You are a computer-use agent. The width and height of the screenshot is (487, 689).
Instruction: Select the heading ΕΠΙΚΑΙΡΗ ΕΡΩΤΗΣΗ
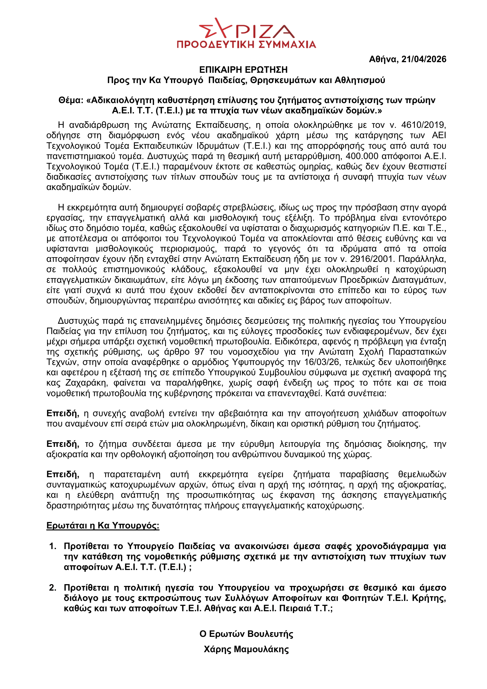tap(243, 70)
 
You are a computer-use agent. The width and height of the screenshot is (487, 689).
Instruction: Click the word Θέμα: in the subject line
tap(71, 100)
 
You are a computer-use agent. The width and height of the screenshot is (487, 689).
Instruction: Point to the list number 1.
tap(53, 546)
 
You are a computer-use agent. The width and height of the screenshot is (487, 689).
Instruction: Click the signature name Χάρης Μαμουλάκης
tap(246, 650)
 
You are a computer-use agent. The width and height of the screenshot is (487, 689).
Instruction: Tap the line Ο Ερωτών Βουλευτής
tap(246, 634)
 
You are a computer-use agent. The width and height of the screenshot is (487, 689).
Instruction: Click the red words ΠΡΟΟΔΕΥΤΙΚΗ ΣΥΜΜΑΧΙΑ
tap(246, 45)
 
